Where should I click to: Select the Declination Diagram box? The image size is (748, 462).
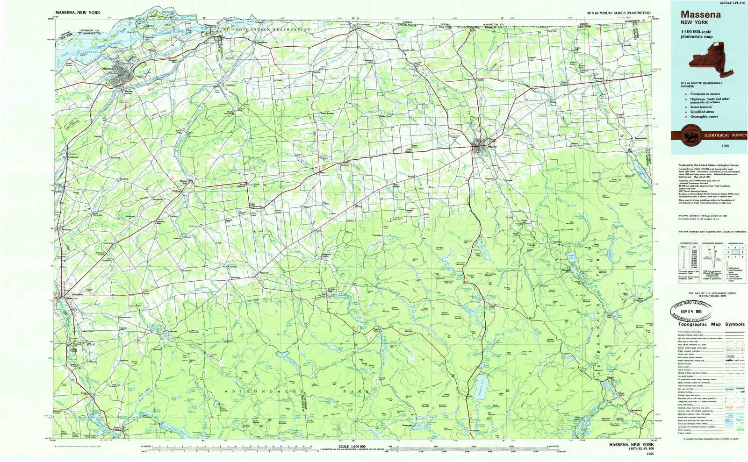[711, 264]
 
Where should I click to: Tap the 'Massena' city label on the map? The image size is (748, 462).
[107, 69]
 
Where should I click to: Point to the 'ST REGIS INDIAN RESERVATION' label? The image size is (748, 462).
[266, 29]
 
